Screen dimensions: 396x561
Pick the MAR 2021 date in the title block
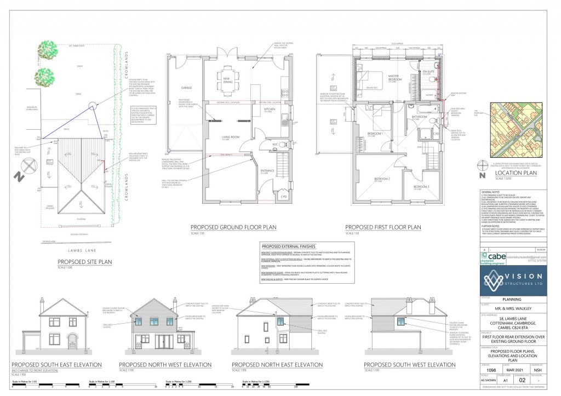point(509,370)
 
